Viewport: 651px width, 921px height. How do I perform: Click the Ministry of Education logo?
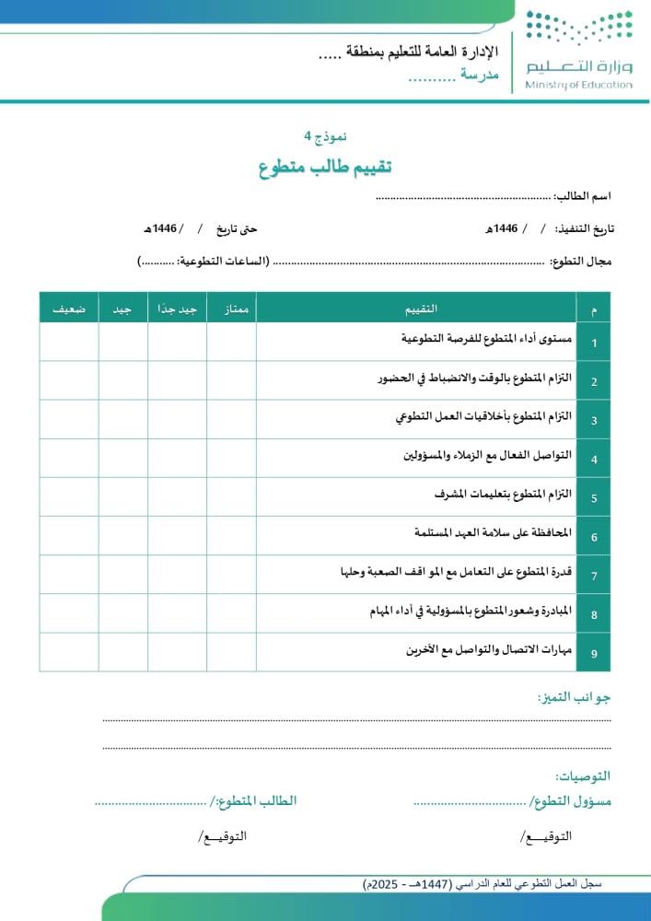[578, 50]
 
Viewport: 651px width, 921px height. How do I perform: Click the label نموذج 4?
[325, 135]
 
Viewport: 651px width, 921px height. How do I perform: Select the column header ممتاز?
[231, 309]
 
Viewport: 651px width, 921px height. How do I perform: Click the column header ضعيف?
[69, 309]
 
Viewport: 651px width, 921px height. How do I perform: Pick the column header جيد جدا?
[177, 309]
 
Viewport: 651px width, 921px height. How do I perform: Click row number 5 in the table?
[594, 498]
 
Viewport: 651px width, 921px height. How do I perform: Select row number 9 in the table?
[594, 654]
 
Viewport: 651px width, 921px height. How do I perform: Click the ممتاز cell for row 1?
[231, 342]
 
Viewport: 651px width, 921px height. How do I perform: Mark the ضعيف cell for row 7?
[69, 575]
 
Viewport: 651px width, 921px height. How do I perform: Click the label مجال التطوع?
[581, 262]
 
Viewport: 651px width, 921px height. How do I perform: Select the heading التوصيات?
[583, 776]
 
